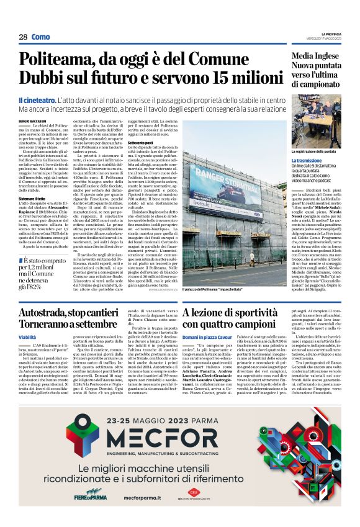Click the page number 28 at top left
(x=23, y=37)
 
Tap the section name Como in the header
(x=40, y=37)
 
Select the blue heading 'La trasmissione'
(x=309, y=160)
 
